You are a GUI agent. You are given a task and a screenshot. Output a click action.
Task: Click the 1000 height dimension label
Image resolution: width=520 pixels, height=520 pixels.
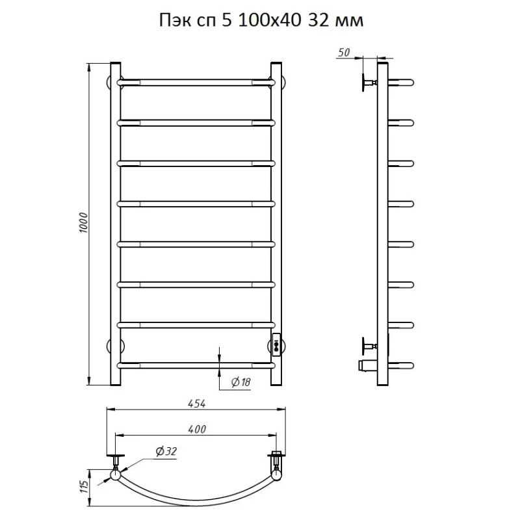[84, 222]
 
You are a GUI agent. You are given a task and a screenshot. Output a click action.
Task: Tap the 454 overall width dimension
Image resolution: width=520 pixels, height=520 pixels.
[197, 403]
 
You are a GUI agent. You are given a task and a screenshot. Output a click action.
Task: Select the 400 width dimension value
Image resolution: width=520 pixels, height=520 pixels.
[197, 429]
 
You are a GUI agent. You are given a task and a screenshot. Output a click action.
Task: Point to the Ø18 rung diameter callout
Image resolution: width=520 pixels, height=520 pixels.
[240, 382]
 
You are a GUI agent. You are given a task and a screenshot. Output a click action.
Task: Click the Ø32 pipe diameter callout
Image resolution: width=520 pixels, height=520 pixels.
[166, 451]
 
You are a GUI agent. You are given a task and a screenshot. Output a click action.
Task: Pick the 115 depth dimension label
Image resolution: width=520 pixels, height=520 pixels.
[84, 487]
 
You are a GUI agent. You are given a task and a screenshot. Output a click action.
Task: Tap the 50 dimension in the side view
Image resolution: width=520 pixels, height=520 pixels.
[344, 53]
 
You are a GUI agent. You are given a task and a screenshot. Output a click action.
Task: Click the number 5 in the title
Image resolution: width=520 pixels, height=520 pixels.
[226, 21]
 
